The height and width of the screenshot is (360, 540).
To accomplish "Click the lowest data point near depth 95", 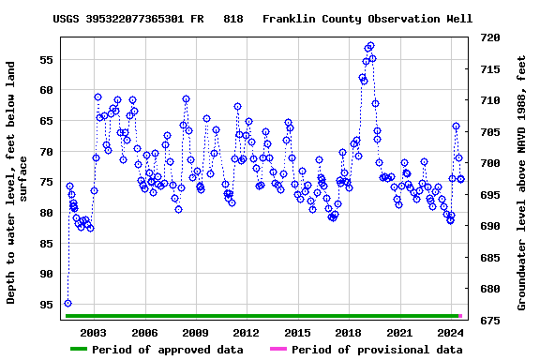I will [x=67, y=303].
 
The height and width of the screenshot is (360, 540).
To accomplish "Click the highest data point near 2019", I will [x=370, y=45].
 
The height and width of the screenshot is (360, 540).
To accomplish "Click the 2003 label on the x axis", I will [x=94, y=333].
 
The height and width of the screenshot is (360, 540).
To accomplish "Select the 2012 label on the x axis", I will [x=246, y=333].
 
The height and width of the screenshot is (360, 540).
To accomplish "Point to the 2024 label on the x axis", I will [x=450, y=333].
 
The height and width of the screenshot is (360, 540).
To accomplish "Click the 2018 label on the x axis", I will [x=348, y=333].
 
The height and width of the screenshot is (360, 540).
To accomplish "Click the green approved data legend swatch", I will [x=91, y=350].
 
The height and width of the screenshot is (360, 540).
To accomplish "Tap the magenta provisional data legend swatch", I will [x=278, y=350].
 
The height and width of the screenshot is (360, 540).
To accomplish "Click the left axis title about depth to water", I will [x=19, y=183].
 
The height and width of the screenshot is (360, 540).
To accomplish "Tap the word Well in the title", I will [x=458, y=18].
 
